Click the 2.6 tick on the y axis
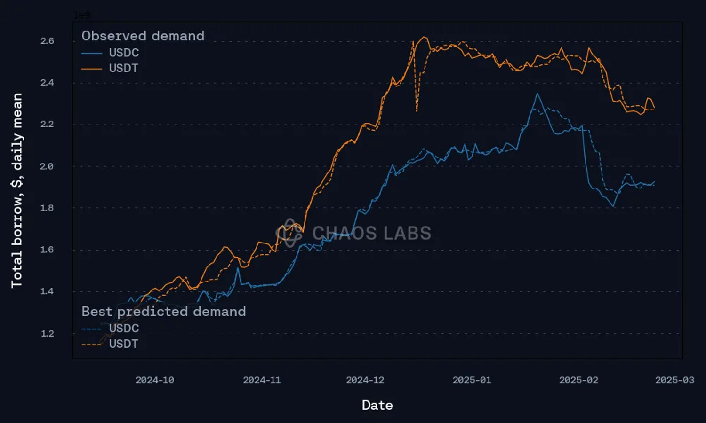(47, 41)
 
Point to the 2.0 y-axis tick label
(47, 166)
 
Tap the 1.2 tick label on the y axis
(47, 333)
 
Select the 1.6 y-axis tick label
(47, 250)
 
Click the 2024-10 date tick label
(155, 380)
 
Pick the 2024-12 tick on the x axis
(365, 380)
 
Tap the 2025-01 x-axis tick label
(472, 380)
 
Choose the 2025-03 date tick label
(674, 380)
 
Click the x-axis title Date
(377, 405)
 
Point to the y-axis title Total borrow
(17, 190)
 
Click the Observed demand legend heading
(143, 36)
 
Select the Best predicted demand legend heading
(163, 311)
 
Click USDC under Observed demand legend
(124, 53)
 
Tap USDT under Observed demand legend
(123, 68)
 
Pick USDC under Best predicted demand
(124, 328)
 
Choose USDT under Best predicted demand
(123, 344)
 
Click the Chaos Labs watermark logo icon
(289, 233)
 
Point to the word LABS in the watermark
(407, 233)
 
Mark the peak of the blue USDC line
(538, 94)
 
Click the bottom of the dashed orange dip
(417, 111)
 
